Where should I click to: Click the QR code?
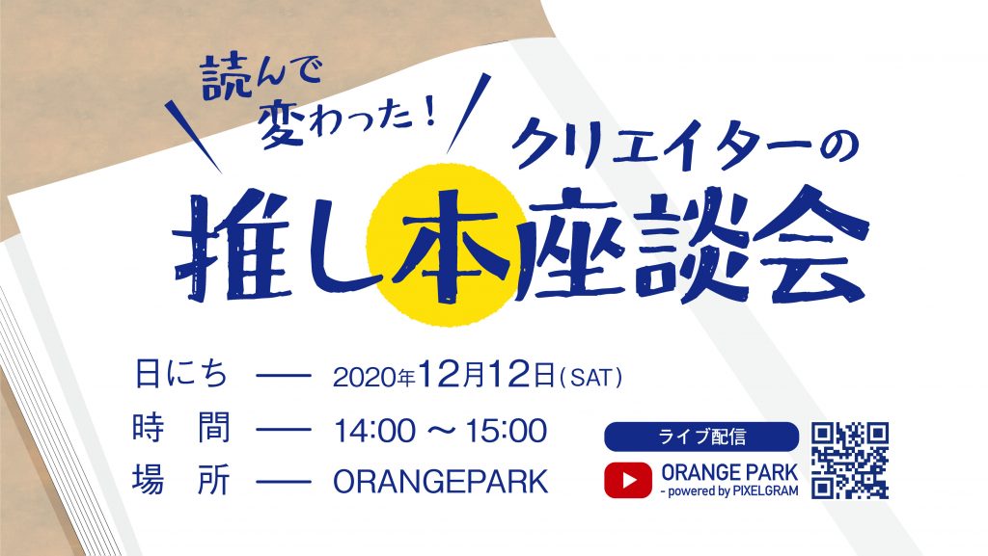pyautogui.click(x=850, y=461)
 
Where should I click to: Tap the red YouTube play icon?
pyautogui.click(x=627, y=480)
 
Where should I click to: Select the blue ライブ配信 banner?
pyautogui.click(x=700, y=437)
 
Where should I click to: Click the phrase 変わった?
pyautogui.click(x=347, y=122)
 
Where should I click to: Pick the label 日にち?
pyautogui.click(x=180, y=374)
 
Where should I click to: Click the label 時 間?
pyautogui.click(x=180, y=428)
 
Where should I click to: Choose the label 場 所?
pyautogui.click(x=180, y=481)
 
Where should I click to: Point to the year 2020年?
pyautogui.click(x=373, y=377)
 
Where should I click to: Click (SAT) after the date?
pyautogui.click(x=590, y=377)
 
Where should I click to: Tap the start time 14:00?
pyautogui.click(x=375, y=431)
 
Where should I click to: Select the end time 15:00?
pyautogui.click(x=506, y=431)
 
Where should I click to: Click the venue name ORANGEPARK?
pyautogui.click(x=440, y=482)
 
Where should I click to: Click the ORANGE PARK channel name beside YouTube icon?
pyautogui.click(x=729, y=472)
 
